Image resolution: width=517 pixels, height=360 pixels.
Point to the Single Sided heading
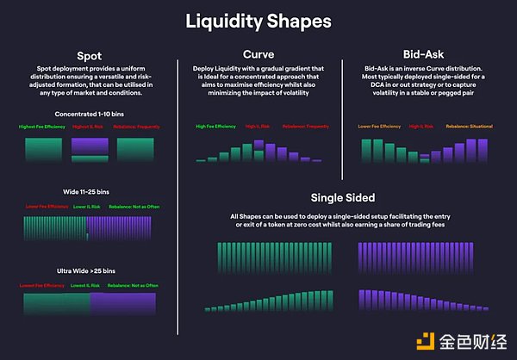pyautogui.click(x=343, y=196)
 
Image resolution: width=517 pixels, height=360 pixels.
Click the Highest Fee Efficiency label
pyautogui.click(x=42, y=127)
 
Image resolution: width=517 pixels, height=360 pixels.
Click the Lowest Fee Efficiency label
pyautogui.click(x=43, y=284)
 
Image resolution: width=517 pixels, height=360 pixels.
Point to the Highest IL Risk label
pyautogui.click(x=89, y=127)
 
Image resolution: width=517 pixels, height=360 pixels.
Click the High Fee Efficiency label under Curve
pyautogui.click(x=215, y=127)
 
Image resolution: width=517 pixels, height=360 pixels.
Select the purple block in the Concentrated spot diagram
pyautogui.click(x=89, y=149)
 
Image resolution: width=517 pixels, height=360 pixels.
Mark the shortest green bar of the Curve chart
pyautogui.click(x=199, y=159)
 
